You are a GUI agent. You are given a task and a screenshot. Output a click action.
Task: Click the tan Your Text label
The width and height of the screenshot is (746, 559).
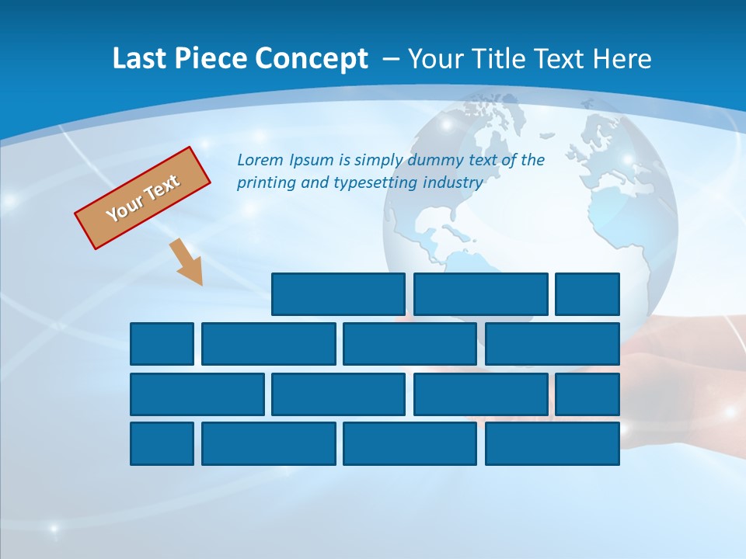pos(143,198)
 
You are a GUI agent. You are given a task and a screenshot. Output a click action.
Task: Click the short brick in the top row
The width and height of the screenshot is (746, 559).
pos(587,294)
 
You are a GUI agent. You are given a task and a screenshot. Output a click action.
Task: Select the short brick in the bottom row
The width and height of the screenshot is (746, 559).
pos(162,443)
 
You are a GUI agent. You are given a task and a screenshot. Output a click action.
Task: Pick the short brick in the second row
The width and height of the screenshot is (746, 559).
pos(162,344)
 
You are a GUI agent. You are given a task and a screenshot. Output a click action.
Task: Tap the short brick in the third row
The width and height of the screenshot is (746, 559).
pos(587,394)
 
